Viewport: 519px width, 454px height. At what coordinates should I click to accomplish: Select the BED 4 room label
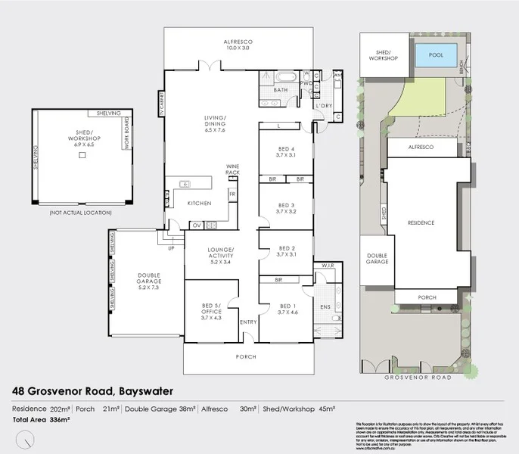tap(285, 149)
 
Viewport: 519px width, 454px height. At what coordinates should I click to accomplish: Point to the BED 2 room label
tap(285, 251)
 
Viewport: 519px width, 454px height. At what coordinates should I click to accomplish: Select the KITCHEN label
tap(199, 204)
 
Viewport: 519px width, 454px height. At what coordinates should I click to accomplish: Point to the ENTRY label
tap(248, 322)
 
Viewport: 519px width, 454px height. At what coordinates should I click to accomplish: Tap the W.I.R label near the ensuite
tap(328, 266)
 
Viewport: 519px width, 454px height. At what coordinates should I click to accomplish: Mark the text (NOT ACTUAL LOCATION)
tap(80, 214)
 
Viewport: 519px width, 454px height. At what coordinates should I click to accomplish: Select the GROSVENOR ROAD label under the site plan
tap(418, 377)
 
